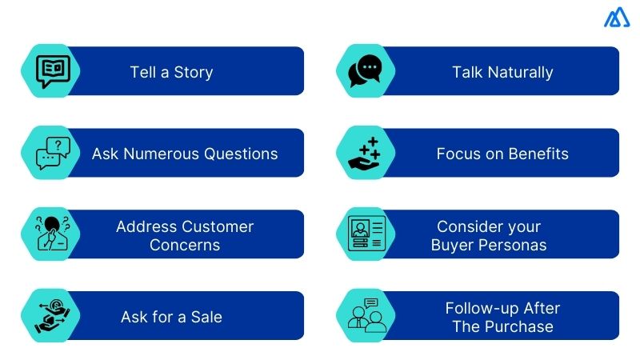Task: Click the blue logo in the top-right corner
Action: tap(617, 18)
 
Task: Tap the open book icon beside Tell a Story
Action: tap(54, 70)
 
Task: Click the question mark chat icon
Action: tap(54, 153)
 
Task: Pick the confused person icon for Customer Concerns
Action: tap(54, 234)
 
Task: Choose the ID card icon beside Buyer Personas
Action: tap(366, 234)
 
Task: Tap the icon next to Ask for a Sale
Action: tap(54, 316)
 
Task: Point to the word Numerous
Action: tap(170, 154)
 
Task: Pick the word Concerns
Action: tap(184, 245)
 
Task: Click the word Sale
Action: tap(206, 317)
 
